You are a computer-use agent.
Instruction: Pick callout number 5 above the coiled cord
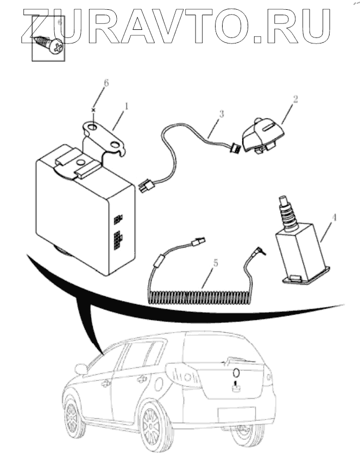point(216,263)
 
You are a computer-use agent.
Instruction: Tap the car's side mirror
point(81,369)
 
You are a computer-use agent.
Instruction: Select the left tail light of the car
point(181,374)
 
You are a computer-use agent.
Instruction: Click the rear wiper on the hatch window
point(239,360)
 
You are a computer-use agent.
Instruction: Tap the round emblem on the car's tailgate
point(236,373)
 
